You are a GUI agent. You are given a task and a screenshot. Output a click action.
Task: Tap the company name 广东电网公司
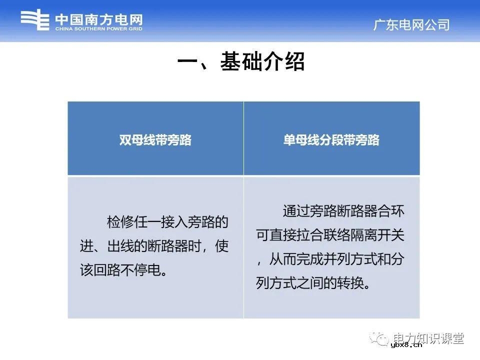point(411,25)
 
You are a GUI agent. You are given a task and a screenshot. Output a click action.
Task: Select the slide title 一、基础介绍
point(240,63)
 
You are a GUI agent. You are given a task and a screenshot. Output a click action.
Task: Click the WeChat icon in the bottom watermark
point(383,339)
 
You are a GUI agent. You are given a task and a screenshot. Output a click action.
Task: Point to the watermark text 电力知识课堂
point(428,338)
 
